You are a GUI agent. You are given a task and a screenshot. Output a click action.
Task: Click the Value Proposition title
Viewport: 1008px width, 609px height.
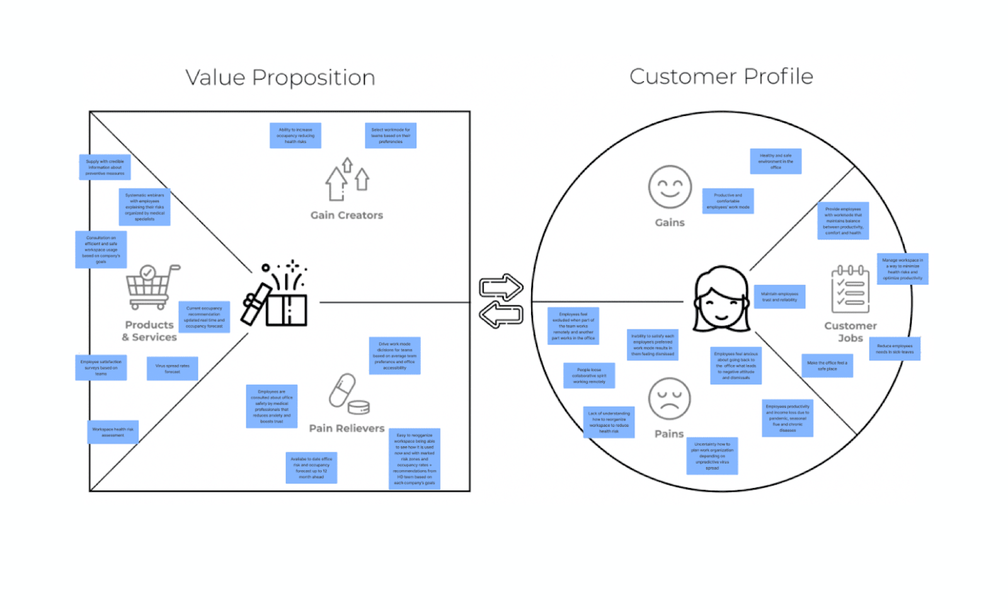point(280,77)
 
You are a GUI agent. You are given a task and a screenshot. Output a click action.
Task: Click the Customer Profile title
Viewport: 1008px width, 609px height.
point(721,76)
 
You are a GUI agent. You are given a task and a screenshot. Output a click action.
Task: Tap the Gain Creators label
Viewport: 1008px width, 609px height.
point(346,215)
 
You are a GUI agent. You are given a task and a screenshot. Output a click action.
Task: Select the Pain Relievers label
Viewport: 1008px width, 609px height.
point(346,428)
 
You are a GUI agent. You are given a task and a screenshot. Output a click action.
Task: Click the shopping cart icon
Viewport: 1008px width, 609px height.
point(151,287)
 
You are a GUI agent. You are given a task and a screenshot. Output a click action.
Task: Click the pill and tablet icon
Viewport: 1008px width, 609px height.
point(348,394)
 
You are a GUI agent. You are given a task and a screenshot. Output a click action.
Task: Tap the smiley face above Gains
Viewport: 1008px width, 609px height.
point(670,187)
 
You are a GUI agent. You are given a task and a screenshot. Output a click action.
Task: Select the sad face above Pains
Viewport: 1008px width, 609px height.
point(669,399)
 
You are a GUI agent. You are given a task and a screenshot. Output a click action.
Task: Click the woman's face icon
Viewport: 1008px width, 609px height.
point(721,299)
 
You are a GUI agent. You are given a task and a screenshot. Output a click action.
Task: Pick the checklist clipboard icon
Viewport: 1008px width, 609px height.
point(850,289)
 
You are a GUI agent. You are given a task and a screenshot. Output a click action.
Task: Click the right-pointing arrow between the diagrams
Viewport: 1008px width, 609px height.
point(501,287)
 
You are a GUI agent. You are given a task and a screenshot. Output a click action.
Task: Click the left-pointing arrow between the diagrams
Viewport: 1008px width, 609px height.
point(501,314)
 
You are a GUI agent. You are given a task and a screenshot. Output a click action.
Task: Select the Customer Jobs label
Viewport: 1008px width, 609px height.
point(850,332)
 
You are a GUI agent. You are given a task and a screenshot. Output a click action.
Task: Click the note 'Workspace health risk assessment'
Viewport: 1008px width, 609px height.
point(113,432)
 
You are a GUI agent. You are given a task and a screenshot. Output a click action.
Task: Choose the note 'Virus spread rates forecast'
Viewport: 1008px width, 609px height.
point(172,368)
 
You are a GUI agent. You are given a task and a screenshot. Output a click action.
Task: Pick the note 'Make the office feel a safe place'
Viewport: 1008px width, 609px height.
point(827,366)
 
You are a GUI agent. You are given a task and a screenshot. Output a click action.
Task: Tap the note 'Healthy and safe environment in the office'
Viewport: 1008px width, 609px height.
point(776,161)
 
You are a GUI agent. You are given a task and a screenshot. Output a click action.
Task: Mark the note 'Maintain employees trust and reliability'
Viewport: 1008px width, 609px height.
point(779,297)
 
